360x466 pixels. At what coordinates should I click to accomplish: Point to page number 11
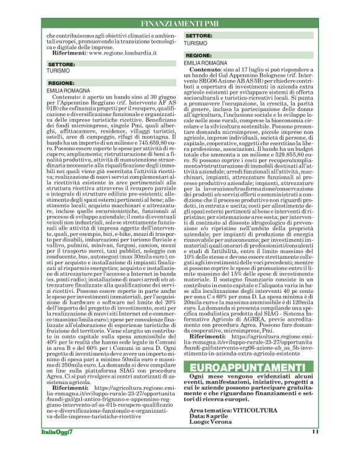pyautogui.click(x=315, y=449)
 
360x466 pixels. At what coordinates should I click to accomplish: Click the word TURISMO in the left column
pyautogui.click(x=58, y=71)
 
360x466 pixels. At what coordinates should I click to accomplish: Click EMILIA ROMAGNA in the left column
pyautogui.click(x=68, y=91)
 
